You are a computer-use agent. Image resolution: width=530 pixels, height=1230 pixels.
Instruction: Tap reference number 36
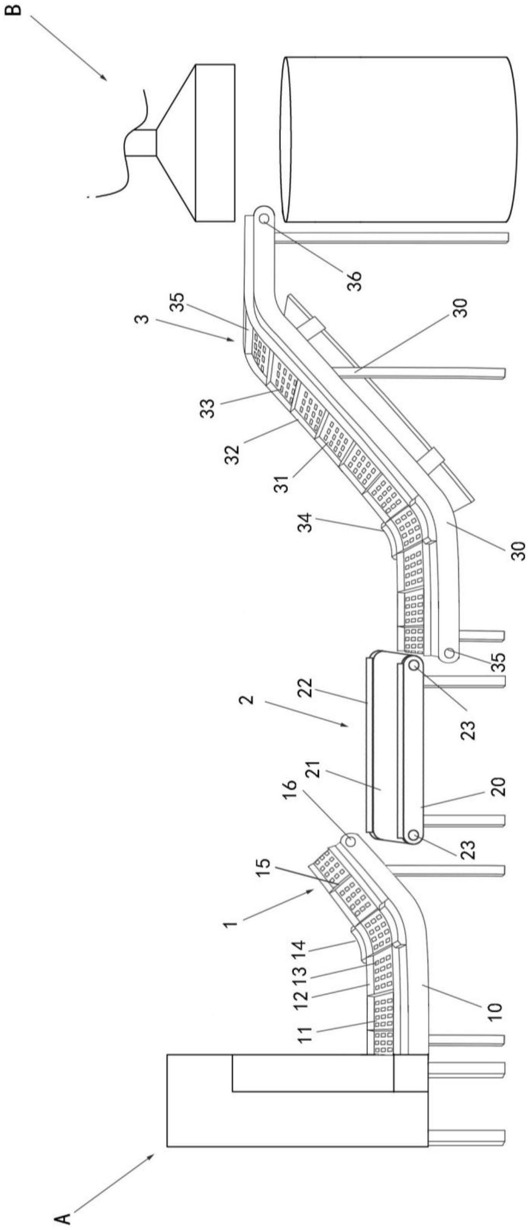tap(355, 281)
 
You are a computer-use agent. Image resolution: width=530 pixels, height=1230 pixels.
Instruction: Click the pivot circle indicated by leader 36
tap(264, 219)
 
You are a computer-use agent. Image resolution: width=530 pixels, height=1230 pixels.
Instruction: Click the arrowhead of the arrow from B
tap(106, 80)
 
